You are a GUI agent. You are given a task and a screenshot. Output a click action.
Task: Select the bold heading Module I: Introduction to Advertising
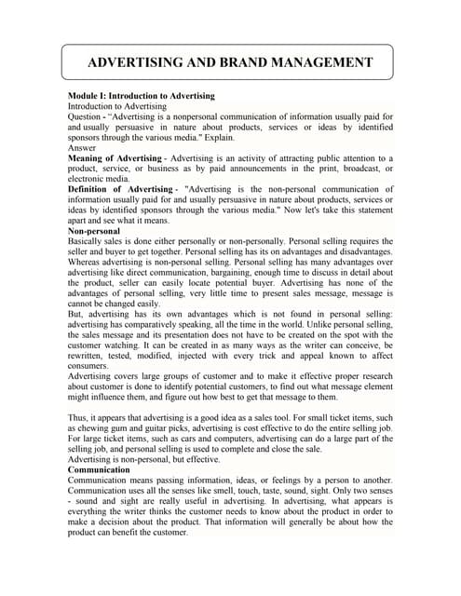[141, 96]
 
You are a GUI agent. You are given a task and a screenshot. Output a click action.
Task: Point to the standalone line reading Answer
[82, 147]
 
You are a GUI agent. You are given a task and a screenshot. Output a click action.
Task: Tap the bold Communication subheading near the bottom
[103, 470]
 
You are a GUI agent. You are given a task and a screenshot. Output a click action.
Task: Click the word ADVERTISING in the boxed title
[129, 63]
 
